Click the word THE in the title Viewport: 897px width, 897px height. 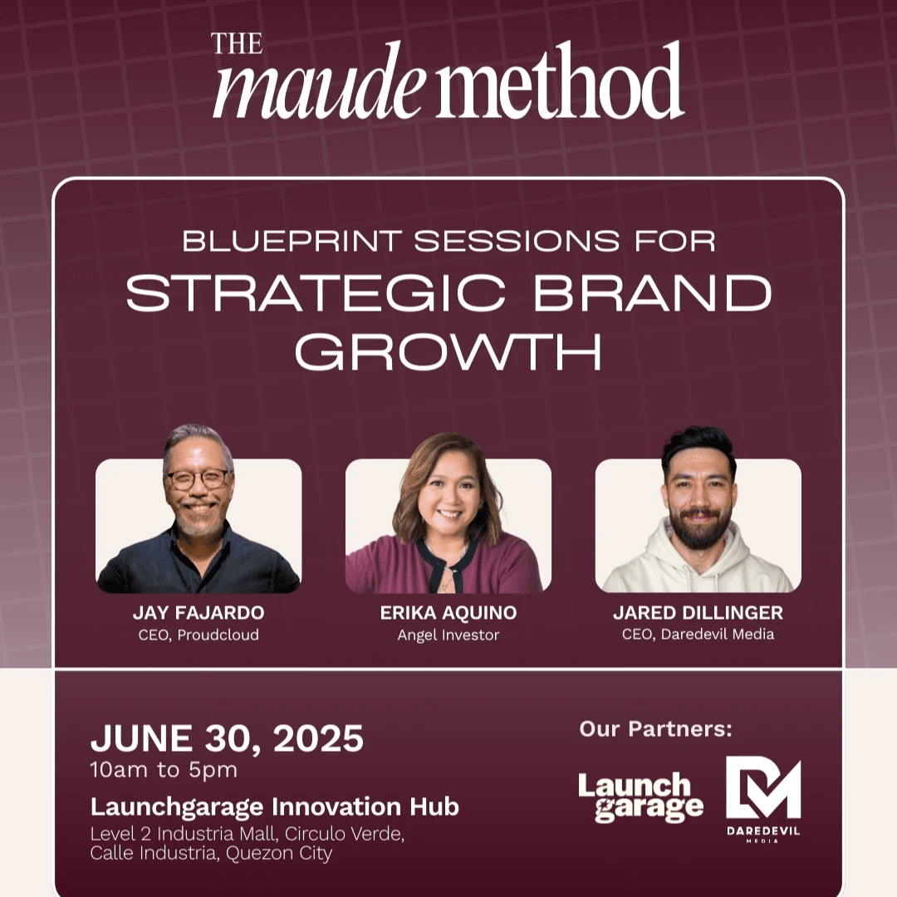click(237, 43)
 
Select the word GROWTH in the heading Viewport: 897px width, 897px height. click(448, 352)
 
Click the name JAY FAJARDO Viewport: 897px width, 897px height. click(199, 613)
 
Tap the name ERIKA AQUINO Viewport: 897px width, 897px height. click(448, 613)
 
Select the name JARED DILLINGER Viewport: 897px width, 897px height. click(698, 613)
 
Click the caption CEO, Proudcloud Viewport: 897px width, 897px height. click(199, 635)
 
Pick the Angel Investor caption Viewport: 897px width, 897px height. click(448, 635)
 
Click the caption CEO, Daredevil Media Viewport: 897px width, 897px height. click(698, 634)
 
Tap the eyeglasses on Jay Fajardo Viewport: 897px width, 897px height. click(198, 479)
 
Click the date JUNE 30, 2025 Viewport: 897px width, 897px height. click(227, 738)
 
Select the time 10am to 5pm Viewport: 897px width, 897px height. click(164, 770)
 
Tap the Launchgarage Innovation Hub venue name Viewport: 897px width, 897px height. click(275, 806)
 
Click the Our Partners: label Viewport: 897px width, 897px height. click(655, 729)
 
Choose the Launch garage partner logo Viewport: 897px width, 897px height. click(640, 797)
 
